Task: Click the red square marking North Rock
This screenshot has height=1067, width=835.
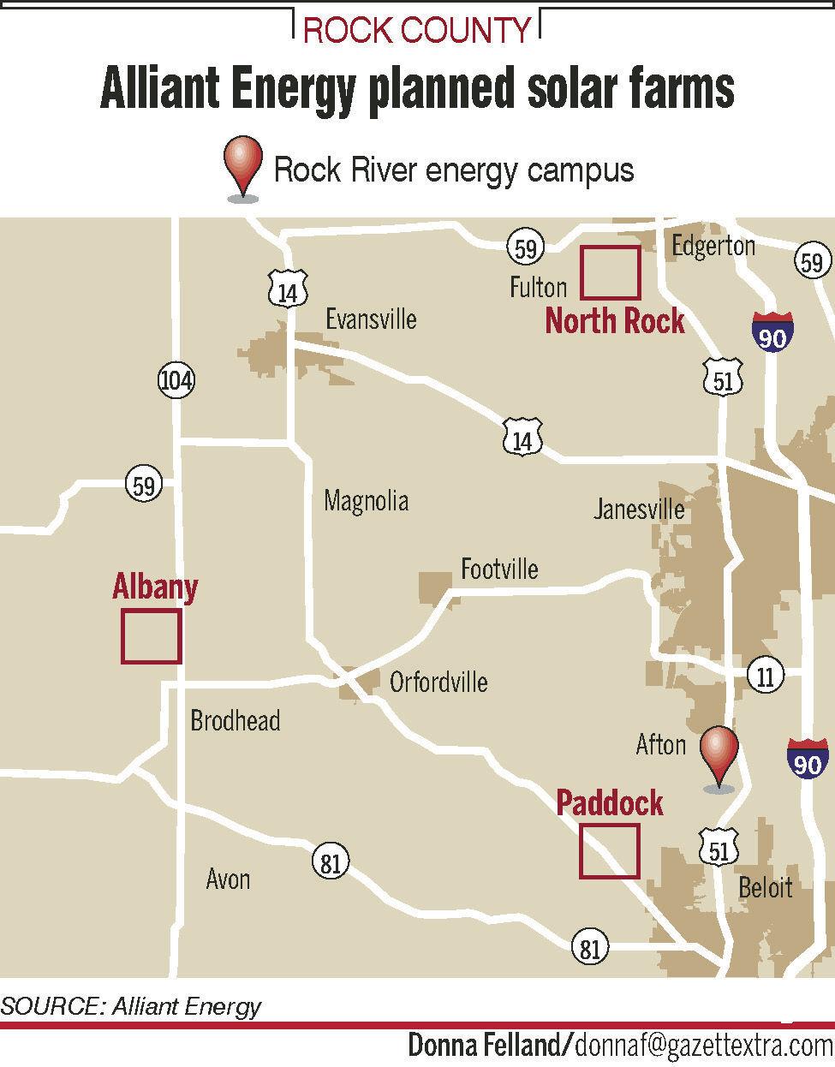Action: (x=610, y=272)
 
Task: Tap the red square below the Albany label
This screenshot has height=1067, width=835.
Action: (x=151, y=636)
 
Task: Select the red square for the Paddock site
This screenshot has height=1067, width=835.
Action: (x=609, y=850)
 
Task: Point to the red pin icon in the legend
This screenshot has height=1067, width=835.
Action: (x=243, y=170)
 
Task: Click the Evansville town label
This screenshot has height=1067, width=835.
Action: (x=371, y=319)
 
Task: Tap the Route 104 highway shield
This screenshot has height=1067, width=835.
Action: (x=176, y=379)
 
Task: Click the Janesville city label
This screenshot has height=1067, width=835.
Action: (x=639, y=510)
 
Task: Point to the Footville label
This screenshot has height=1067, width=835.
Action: (x=499, y=569)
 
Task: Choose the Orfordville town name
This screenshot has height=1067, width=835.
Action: (x=438, y=682)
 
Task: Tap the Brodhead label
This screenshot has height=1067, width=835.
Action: (x=235, y=720)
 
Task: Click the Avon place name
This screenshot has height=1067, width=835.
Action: (x=228, y=878)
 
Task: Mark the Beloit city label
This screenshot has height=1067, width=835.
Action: (x=765, y=886)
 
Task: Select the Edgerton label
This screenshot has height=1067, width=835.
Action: (x=713, y=246)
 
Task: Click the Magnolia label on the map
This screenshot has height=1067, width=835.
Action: (x=366, y=501)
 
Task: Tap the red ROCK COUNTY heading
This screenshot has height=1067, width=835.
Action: (x=417, y=32)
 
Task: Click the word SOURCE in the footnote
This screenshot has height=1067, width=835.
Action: (x=51, y=1005)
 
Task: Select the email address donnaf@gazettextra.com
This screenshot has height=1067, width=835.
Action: (x=703, y=1046)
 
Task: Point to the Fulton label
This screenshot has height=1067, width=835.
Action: (x=538, y=286)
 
